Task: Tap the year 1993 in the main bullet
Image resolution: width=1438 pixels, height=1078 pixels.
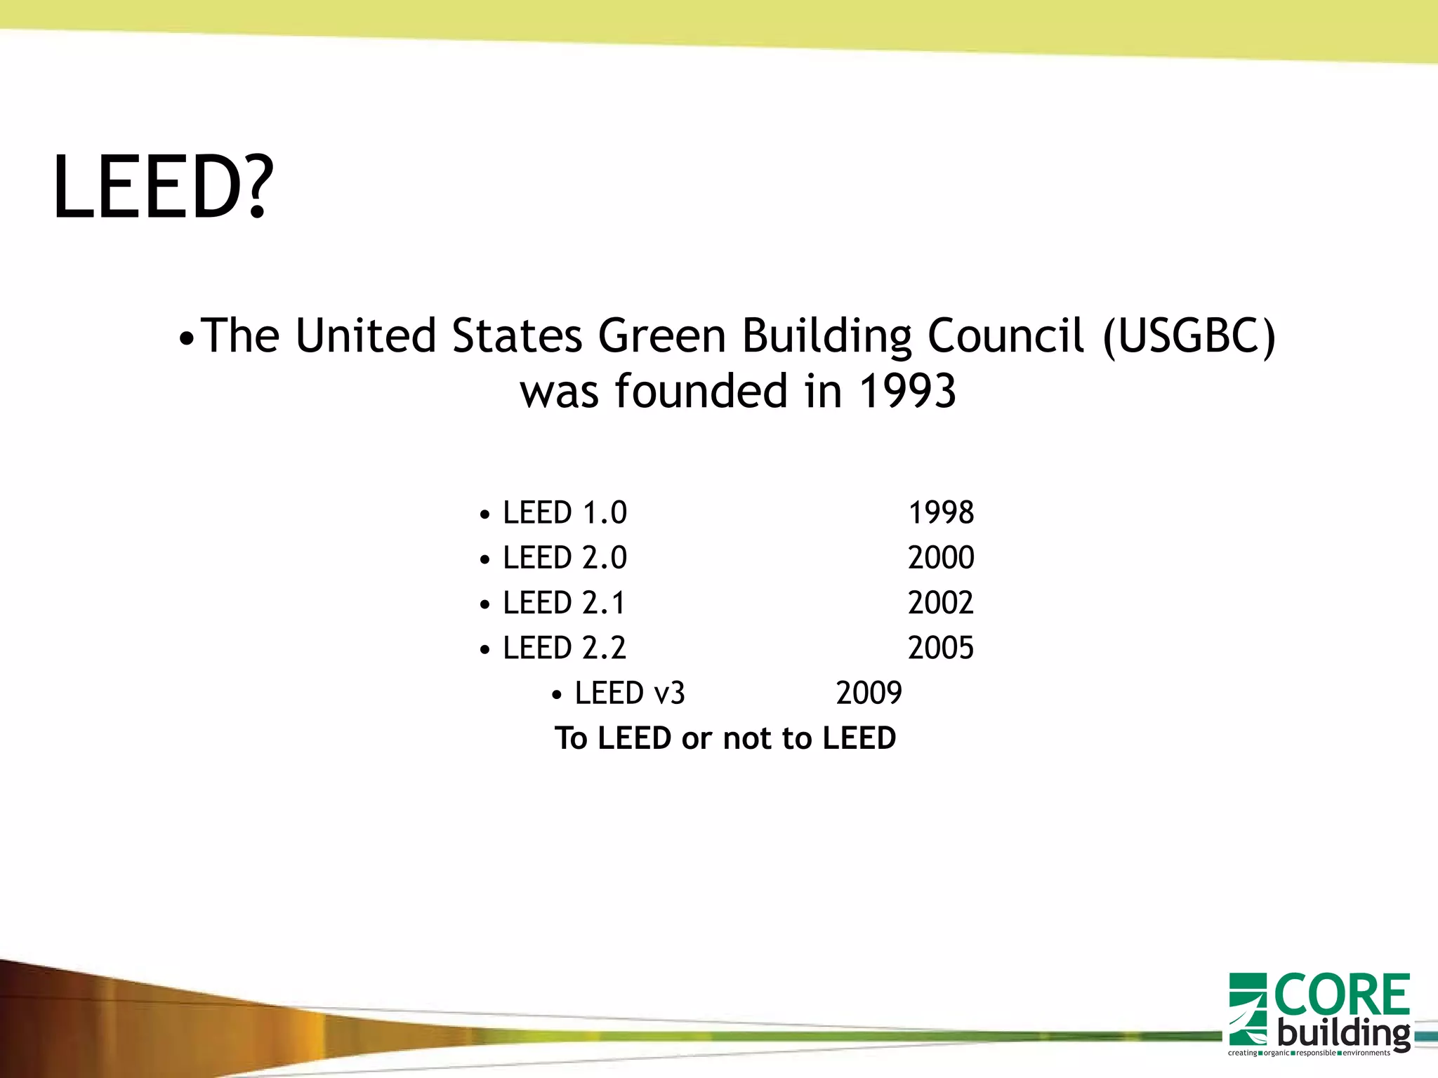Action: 907,391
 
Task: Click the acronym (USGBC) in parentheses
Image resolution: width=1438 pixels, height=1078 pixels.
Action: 1189,335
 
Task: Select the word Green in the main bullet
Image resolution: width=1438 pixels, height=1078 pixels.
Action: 661,335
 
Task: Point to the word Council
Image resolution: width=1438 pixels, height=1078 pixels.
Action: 1006,335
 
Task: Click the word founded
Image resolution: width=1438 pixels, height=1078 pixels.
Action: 701,391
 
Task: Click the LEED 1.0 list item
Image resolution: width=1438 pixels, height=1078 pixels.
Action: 565,513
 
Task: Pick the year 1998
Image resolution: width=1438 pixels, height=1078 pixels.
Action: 941,513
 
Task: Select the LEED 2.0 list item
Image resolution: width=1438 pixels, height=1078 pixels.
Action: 565,558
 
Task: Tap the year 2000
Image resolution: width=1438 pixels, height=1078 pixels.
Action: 941,558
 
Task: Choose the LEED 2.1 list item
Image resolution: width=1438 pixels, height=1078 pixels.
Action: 564,603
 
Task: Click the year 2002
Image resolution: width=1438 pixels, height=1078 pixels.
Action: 941,603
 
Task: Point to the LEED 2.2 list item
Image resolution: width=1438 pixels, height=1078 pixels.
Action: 565,648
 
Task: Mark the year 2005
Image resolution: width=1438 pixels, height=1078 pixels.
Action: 941,648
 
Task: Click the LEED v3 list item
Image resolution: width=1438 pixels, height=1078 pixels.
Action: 629,693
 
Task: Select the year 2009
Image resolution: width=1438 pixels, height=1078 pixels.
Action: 869,693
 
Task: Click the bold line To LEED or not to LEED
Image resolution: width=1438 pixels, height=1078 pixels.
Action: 725,738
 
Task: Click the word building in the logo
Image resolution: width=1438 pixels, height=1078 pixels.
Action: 1343,1033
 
